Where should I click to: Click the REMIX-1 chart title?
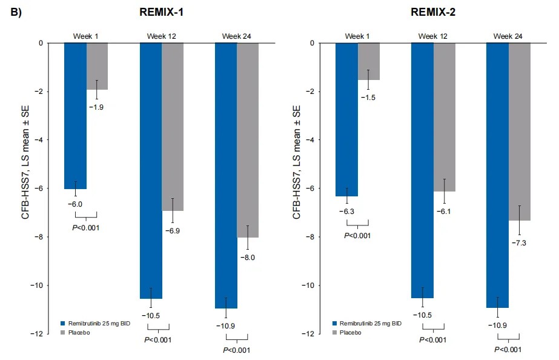[x=160, y=13]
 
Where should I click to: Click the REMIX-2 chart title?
[x=432, y=13]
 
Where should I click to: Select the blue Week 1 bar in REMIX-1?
[x=75, y=116]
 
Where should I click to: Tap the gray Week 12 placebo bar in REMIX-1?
[x=173, y=127]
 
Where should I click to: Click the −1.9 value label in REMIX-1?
[x=98, y=107]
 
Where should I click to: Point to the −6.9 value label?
[x=173, y=230]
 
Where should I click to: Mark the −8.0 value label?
[x=248, y=257]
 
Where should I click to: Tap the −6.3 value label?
[x=347, y=212]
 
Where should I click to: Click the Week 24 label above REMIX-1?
[x=237, y=36]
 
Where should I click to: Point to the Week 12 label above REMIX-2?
[x=433, y=36]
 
